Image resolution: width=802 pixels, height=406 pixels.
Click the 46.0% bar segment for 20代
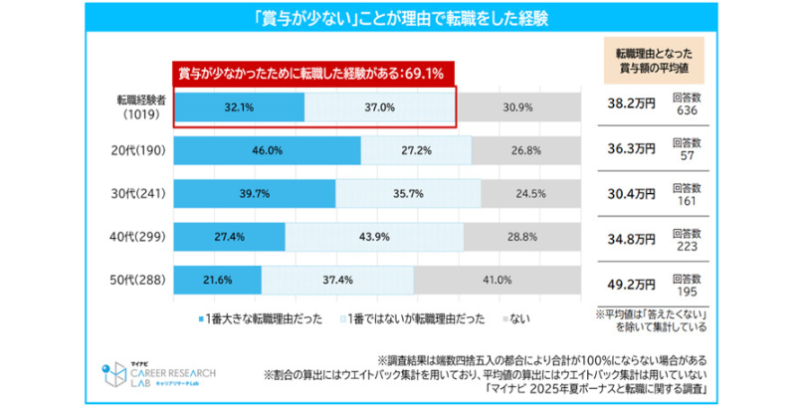pos(268,150)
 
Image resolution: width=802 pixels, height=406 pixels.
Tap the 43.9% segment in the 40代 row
pos(374,237)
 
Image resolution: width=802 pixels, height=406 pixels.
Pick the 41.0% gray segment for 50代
pos(497,280)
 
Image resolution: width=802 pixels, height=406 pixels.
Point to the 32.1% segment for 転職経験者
pos(240,106)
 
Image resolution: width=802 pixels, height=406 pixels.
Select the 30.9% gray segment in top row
pos(518,106)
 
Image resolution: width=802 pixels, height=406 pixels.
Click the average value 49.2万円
pos(631,281)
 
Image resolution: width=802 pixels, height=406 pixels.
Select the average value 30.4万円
pos(631,193)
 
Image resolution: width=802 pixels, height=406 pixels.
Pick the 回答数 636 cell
pos(687,104)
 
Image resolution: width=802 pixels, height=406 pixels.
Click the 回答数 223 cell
pos(687,236)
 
